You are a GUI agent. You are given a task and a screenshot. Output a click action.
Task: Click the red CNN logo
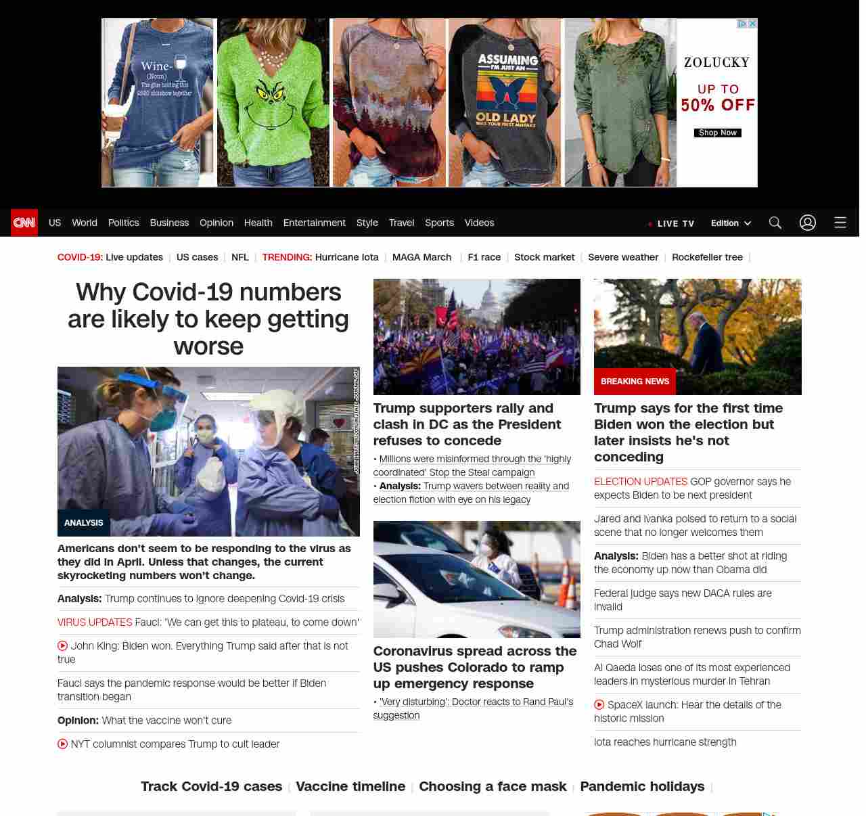24,223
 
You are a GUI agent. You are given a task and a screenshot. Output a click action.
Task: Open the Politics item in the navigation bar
123,223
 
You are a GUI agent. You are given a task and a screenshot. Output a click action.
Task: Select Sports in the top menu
439,223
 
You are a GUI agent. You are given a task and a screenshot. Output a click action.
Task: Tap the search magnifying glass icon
775,223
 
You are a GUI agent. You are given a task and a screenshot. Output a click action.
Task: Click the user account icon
808,223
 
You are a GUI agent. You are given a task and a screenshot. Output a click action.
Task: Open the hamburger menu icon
840,223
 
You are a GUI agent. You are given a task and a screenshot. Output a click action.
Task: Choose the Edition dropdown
731,223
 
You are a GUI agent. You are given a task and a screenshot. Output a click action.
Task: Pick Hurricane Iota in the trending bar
346,257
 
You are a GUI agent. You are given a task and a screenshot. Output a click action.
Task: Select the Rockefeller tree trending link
707,257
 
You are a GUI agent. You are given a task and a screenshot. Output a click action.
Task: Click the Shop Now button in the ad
717,133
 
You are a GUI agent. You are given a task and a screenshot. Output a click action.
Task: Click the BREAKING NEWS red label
635,382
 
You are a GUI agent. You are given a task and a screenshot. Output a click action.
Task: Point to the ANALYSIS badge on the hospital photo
83,523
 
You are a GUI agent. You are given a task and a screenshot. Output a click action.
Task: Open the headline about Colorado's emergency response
475,667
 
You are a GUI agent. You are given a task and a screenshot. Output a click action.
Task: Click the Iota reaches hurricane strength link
665,742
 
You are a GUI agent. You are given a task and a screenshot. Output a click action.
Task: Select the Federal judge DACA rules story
683,599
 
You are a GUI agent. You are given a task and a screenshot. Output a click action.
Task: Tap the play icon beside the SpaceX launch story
599,704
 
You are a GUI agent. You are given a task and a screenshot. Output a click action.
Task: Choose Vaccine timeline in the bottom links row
350,786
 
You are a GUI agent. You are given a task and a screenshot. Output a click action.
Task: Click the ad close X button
752,24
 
